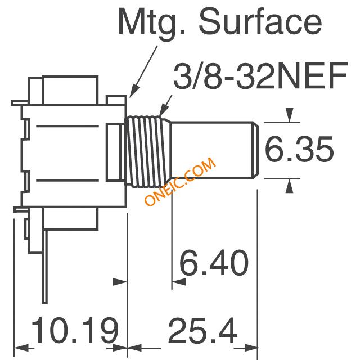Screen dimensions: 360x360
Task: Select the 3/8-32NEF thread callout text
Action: click(260, 76)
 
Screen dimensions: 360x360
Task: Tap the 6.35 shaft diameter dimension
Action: click(299, 149)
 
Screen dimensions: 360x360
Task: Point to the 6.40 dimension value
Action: click(214, 263)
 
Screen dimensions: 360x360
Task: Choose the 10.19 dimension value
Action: click(75, 330)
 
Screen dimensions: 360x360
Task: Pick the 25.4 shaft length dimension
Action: click(202, 330)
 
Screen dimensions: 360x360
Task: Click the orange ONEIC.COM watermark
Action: click(180, 181)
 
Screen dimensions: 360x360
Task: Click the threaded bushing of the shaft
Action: click(147, 151)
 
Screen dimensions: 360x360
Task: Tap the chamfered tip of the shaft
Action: click(255, 150)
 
